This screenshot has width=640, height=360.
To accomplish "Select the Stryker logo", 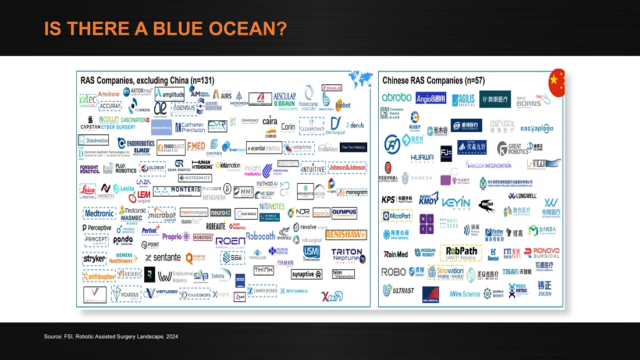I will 94,258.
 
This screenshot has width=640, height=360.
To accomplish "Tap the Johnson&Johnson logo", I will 347,167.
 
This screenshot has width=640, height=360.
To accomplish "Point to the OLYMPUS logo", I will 344,212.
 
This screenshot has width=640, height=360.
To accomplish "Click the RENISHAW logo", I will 346,234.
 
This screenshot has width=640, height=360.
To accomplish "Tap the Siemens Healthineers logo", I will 124,258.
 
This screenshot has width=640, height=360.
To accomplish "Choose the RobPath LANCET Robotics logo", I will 461,253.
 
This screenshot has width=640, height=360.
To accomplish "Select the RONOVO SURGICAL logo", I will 542,252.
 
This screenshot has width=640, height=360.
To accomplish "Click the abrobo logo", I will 397,98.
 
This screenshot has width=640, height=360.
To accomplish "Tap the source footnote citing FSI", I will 111,337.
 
